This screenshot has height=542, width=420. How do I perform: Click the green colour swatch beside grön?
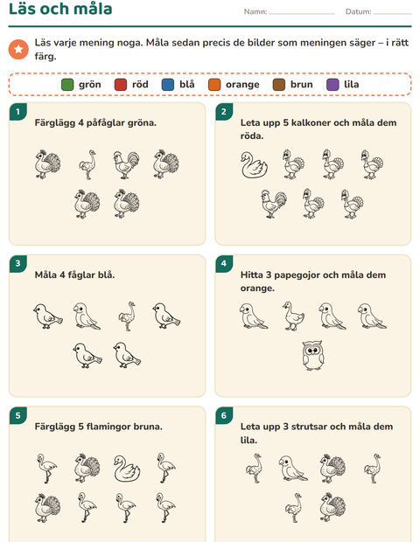[x=67, y=85]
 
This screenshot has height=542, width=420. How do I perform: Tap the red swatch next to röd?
[x=121, y=85]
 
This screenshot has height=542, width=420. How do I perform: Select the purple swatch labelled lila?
[x=332, y=85]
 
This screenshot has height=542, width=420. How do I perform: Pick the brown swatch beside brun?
[x=279, y=85]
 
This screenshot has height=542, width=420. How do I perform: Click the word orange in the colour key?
[x=242, y=85]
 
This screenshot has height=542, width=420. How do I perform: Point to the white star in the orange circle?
[x=18, y=49]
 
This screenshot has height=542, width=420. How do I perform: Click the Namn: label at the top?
[x=255, y=11]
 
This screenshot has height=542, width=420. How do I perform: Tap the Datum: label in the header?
[x=359, y=11]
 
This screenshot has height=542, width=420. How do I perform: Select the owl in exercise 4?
[x=313, y=355]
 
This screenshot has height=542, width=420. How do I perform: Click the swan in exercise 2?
[x=255, y=165]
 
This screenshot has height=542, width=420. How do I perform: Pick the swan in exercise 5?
[x=127, y=469]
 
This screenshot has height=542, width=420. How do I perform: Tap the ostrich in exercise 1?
[x=87, y=164]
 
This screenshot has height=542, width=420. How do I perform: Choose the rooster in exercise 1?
[x=126, y=165]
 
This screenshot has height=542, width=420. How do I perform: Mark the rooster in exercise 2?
[x=274, y=204]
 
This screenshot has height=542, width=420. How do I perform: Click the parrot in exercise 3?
[x=87, y=316]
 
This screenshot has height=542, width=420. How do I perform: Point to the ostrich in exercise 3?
[x=127, y=316]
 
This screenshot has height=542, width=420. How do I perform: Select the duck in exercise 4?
[x=293, y=316]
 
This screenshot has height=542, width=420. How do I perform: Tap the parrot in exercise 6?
[x=293, y=469]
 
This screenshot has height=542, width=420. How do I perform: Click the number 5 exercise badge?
[x=17, y=415]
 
